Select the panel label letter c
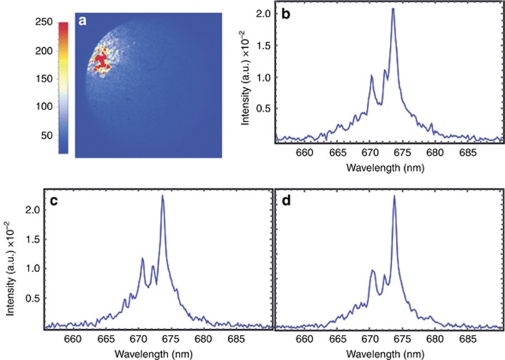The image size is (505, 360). pos(53,202)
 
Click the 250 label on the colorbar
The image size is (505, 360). pos(42,22)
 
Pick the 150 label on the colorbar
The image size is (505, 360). pos(42,79)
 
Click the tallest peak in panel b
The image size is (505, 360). pos(393,10)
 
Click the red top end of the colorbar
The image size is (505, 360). pos(64,27)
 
